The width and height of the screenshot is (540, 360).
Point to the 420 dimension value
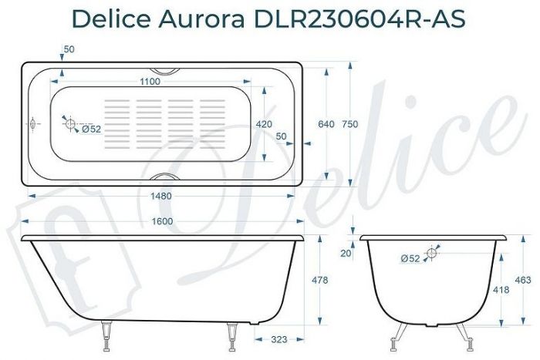tap(264, 124)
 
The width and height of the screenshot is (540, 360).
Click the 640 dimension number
tap(326, 124)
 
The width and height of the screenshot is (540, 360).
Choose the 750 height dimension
tap(350, 124)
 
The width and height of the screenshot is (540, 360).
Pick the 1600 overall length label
tap(163, 222)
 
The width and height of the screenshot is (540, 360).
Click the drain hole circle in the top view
tap(69, 124)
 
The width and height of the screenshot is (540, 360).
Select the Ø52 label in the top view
tap(91, 130)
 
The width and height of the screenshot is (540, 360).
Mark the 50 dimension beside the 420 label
tap(281, 136)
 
